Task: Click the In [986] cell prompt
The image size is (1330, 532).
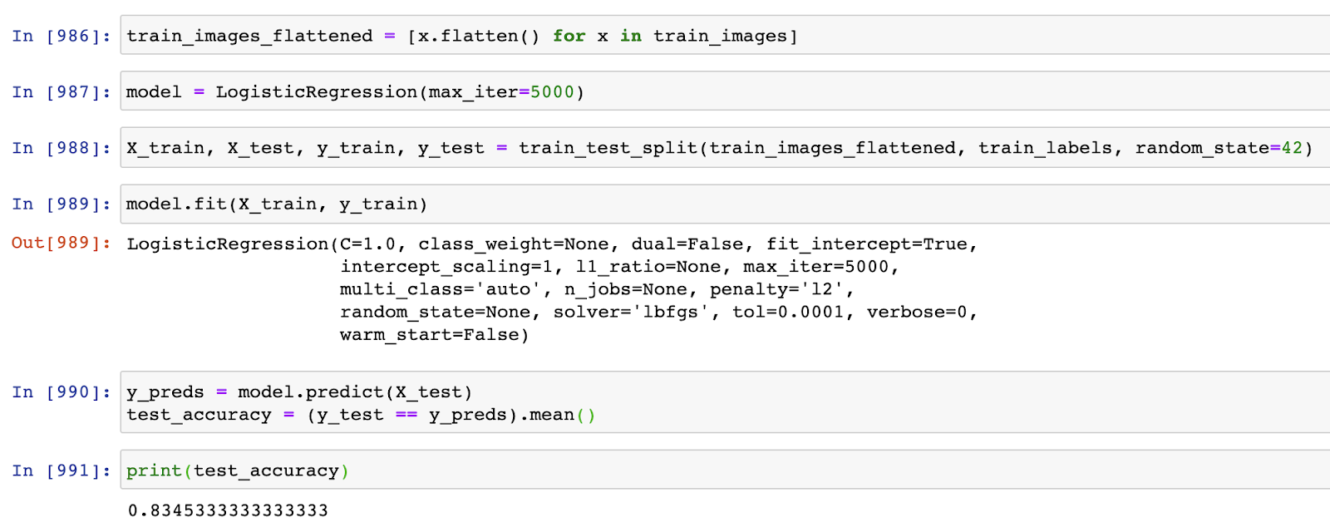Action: (61, 36)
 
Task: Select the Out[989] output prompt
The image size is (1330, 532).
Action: (61, 243)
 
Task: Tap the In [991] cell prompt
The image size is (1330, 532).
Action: (61, 470)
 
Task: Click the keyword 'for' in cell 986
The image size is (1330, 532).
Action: (569, 36)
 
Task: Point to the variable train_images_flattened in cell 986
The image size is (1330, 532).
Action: (249, 36)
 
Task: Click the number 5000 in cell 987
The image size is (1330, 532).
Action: (552, 91)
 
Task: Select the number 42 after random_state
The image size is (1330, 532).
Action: (1292, 148)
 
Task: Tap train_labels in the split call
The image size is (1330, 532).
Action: (1045, 148)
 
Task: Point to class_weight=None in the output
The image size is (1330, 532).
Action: (514, 244)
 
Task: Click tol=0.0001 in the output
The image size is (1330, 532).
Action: (788, 313)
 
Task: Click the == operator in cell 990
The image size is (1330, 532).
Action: (406, 415)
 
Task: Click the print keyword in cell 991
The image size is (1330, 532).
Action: (154, 471)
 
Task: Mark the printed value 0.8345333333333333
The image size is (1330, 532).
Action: (228, 510)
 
